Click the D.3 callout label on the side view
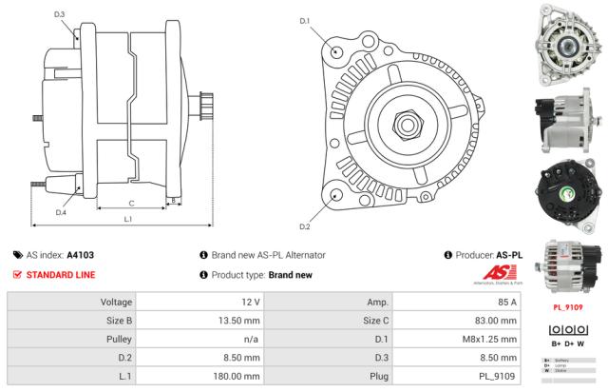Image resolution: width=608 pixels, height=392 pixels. tap(59, 14)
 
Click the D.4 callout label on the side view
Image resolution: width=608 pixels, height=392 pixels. tap(60, 212)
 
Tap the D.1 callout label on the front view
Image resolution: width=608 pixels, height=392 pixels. tap(305, 20)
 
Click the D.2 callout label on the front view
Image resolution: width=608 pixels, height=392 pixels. tap(305, 226)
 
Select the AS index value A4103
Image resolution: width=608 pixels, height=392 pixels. tap(81, 255)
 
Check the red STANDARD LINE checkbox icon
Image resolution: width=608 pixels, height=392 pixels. tap(18, 275)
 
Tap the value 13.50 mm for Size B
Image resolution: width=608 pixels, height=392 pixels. tap(237, 321)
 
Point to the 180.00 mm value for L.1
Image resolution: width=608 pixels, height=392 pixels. tap(235, 376)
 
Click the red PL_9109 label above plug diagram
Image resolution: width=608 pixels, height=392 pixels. tap(568, 307)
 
